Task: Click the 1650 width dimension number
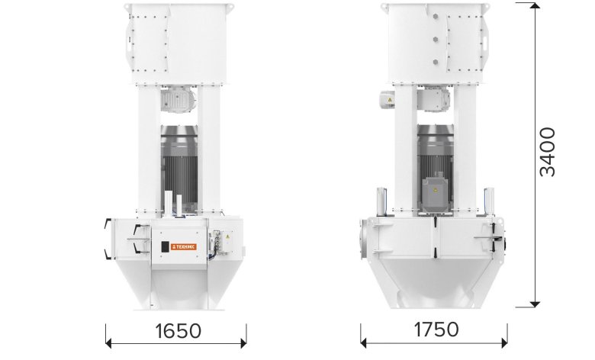178,330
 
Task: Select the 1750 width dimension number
436,329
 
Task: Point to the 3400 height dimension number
547,152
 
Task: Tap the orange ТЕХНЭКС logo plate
184,246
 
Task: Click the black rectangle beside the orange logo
165,246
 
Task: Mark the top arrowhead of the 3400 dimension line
535,5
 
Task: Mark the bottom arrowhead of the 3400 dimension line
535,304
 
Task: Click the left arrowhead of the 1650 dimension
109,344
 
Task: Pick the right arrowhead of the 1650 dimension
243,344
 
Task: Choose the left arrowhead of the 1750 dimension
364,343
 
